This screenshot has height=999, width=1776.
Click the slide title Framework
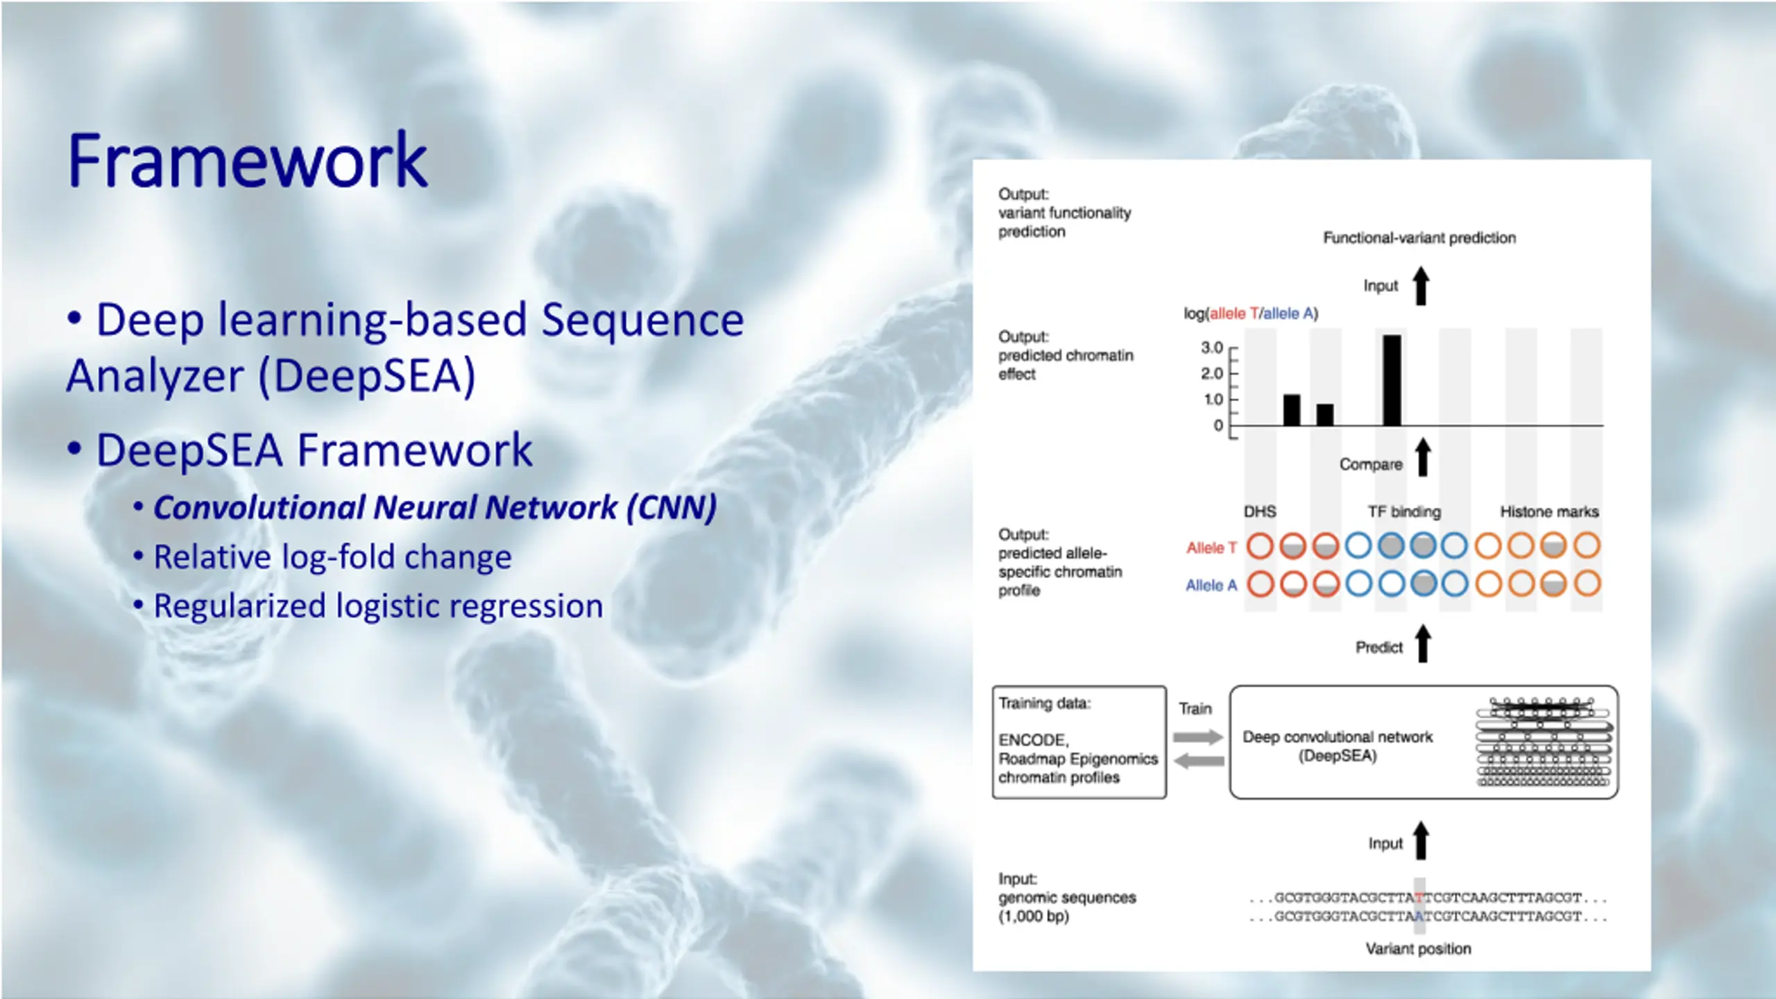point(247,161)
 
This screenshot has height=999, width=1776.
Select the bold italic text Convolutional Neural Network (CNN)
point(435,507)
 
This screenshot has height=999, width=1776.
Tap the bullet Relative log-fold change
point(332,557)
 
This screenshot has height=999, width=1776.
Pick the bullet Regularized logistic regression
point(378,606)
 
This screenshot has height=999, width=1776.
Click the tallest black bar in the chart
point(1392,380)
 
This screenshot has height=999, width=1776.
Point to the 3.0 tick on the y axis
point(1212,348)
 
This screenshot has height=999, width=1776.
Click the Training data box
point(1079,742)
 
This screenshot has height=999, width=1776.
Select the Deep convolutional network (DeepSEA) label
point(1337,746)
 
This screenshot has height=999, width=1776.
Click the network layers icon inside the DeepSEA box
point(1544,742)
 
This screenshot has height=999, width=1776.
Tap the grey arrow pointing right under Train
point(1198,737)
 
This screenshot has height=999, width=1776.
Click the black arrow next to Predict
point(1423,644)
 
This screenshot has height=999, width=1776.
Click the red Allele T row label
point(1211,548)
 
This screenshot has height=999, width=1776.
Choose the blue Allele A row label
point(1211,586)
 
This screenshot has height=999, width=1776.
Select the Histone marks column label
point(1549,512)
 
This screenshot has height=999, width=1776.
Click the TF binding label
point(1404,512)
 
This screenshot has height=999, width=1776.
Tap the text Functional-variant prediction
point(1419,238)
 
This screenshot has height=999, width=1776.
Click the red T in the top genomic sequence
point(1419,898)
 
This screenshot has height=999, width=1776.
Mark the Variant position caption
point(1418,949)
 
